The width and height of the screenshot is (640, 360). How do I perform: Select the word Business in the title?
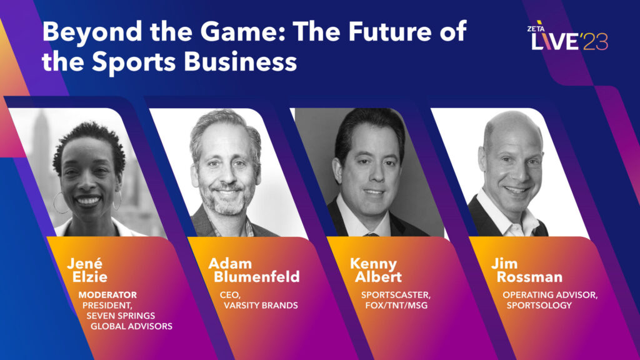pyautogui.click(x=240, y=62)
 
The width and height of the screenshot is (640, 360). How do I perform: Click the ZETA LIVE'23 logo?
pyautogui.click(x=567, y=36)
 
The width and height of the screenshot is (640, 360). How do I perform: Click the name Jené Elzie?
pyautogui.click(x=87, y=270)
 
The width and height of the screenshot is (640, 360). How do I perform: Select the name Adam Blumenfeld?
pyautogui.click(x=254, y=270)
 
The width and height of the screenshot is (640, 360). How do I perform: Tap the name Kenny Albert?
pyautogui.click(x=376, y=270)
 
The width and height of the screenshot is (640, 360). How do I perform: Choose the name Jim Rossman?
pyautogui.click(x=527, y=270)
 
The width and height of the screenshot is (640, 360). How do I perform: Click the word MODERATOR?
pyautogui.click(x=107, y=295)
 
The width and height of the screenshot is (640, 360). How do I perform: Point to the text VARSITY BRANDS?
pyautogui.click(x=261, y=305)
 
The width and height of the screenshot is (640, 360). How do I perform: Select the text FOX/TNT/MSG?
pyautogui.click(x=396, y=305)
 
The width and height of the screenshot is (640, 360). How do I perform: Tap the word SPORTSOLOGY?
pyautogui.click(x=539, y=305)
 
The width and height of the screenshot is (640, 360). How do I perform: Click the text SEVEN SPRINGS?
pyautogui.click(x=121, y=316)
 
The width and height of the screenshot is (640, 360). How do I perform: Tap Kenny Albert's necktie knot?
pyautogui.click(x=371, y=235)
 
